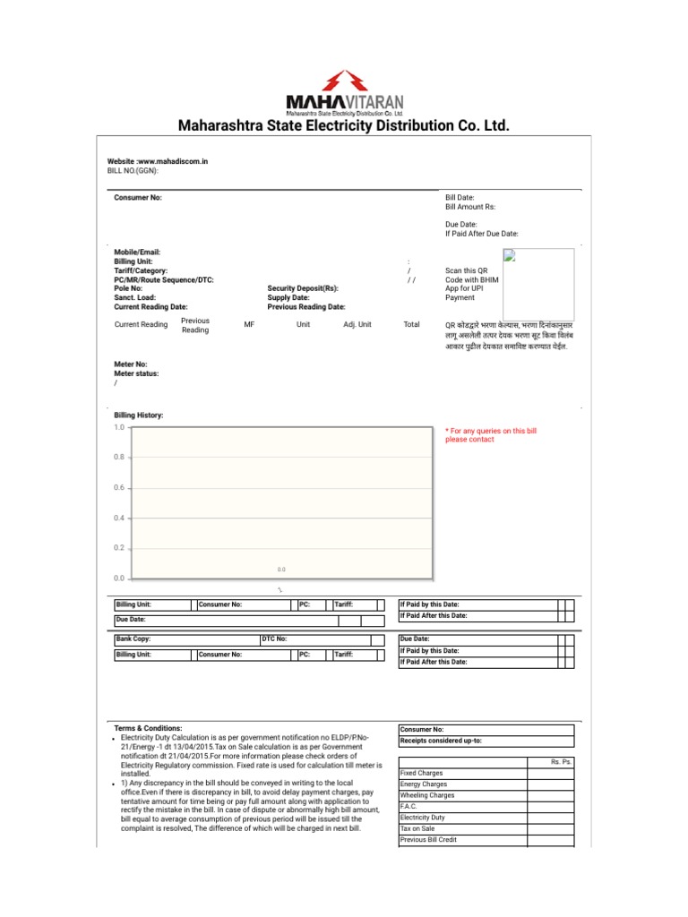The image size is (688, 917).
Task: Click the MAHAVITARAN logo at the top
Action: [344, 93]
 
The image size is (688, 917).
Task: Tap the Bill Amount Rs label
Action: [469, 207]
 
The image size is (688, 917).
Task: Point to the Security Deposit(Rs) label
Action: [303, 288]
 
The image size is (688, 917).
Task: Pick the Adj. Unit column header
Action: [357, 324]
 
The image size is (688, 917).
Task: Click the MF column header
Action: [249, 324]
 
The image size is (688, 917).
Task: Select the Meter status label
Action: [136, 373]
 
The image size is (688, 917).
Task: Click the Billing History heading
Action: [139, 416]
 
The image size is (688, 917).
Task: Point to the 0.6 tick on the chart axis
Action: [119, 488]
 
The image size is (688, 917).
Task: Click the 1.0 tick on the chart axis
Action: [119, 428]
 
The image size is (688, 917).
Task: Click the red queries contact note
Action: [491, 435]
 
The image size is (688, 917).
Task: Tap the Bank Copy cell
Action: [133, 639]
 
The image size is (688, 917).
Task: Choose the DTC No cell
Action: [274, 639]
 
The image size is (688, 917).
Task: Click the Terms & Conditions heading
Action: [148, 729]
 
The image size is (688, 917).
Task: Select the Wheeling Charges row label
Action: [427, 795]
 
